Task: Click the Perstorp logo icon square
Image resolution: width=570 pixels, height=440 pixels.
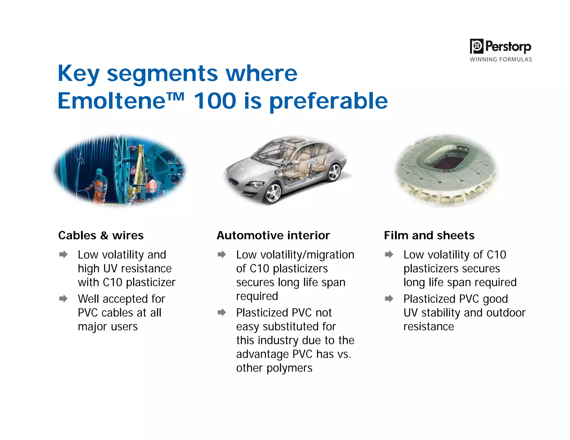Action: click(476, 46)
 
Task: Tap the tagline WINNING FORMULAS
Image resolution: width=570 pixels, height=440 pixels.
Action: click(501, 60)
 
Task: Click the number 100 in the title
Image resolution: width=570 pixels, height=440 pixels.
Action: click(215, 101)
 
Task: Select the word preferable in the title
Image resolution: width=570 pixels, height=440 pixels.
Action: click(328, 101)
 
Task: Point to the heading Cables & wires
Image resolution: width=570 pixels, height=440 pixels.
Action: click(101, 235)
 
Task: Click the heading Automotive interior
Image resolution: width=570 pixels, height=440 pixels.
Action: click(273, 235)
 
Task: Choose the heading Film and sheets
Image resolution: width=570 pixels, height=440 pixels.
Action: click(429, 235)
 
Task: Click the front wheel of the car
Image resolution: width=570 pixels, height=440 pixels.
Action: click(274, 192)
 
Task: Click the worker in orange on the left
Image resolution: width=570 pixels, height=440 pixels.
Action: click(99, 185)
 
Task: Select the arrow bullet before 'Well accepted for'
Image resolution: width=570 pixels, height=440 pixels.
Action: click(63, 299)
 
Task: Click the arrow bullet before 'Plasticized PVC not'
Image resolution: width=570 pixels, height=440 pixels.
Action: click(222, 312)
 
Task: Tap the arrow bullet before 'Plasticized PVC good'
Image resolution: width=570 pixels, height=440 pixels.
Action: click(389, 299)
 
